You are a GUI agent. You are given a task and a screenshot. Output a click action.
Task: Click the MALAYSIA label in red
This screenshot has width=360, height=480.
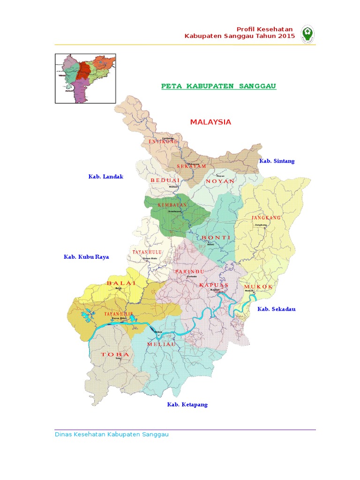coord(210,122)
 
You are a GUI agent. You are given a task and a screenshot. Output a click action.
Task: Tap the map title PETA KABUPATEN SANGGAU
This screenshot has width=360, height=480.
coord(218,86)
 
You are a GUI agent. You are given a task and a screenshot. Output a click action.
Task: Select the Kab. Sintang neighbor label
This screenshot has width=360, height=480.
coord(277,161)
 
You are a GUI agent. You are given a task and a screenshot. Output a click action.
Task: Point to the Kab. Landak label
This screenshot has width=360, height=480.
coord(105,176)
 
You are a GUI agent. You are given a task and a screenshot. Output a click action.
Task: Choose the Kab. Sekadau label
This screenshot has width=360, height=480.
coord(276,309)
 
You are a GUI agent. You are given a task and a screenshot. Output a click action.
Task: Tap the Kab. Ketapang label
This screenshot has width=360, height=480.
coord(187,404)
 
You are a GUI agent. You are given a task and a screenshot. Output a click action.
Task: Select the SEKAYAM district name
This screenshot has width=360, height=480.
coord(179,166)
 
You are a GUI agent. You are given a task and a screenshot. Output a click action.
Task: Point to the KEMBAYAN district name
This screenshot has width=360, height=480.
coord(172,205)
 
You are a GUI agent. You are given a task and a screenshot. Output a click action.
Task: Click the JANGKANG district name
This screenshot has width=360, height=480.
coord(266,218)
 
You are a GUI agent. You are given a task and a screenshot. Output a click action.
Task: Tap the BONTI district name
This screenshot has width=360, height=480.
coord(216,238)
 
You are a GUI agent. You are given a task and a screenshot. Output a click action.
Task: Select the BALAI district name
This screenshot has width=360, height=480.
coord(121,283)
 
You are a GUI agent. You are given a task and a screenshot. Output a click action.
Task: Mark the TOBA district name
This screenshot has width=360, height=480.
coord(115,354)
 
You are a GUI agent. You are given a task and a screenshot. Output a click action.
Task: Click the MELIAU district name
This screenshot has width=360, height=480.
coord(161,344)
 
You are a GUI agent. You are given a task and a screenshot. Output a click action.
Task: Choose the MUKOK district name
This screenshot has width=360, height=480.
coord(258,286)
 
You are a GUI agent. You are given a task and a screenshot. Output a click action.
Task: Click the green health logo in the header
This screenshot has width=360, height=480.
coord(307,33)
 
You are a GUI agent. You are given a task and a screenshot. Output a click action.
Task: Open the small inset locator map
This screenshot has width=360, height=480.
coord(85,78)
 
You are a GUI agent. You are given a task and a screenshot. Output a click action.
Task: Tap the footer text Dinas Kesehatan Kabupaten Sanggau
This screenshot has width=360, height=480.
coord(112,435)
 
